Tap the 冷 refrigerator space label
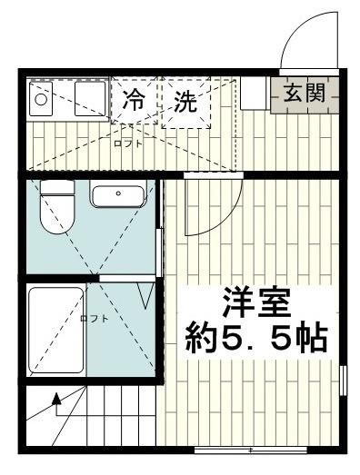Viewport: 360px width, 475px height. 134,101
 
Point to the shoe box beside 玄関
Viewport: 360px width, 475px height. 254,93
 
